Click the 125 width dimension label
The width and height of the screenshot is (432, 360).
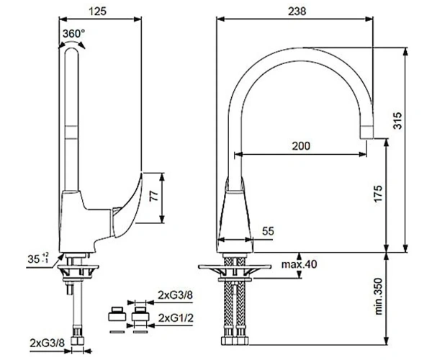[x=97, y=12]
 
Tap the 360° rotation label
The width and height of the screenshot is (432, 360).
[x=73, y=34]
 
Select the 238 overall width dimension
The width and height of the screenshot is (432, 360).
[x=297, y=12]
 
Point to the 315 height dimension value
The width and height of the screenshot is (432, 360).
[x=397, y=120]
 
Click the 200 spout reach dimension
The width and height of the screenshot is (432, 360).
[x=301, y=145]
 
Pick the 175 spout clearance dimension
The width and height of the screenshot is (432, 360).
[x=378, y=194]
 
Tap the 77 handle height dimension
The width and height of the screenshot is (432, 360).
[x=154, y=196]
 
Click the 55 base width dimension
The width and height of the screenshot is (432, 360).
[x=268, y=231]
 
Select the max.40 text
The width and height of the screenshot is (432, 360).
[x=300, y=264]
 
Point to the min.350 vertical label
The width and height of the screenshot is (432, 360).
[x=379, y=297]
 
